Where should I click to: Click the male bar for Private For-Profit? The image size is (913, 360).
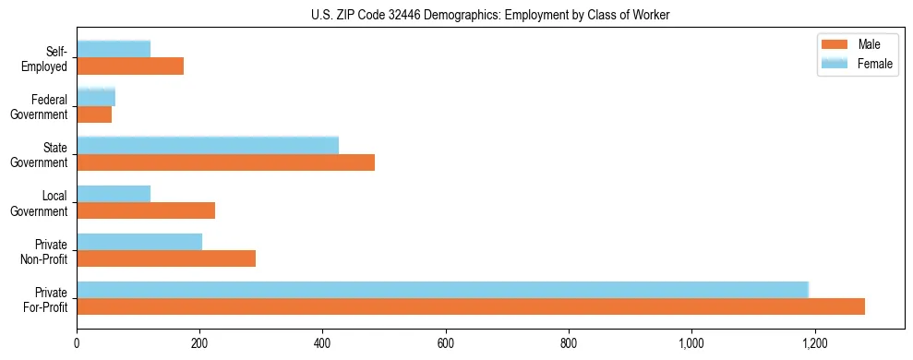click(471, 306)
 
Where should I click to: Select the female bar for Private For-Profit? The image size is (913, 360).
click(443, 290)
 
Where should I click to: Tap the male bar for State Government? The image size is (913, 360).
click(226, 162)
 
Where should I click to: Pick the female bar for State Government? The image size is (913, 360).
click(208, 146)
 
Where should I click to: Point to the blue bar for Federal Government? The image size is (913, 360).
click(96, 97)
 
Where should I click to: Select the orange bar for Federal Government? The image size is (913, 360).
click(94, 114)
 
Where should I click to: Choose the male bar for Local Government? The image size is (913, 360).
click(146, 210)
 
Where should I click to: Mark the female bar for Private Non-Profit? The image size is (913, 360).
click(139, 242)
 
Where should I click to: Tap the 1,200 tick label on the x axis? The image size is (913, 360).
click(814, 343)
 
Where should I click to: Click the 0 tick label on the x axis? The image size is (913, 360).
click(77, 343)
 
